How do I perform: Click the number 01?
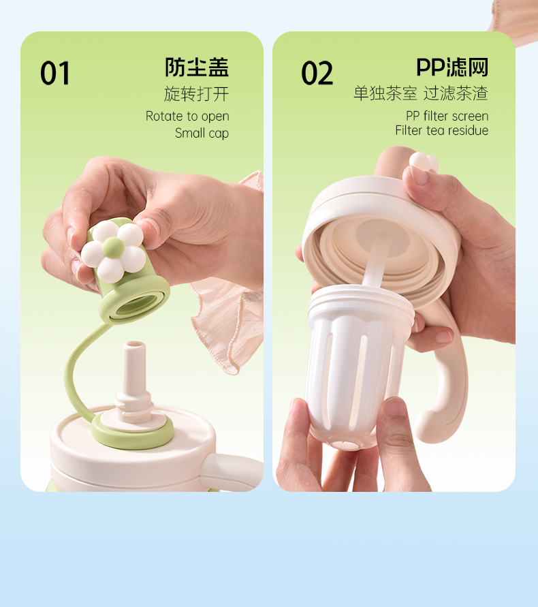(x=55, y=73)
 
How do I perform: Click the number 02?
(x=317, y=73)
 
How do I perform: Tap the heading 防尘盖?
(x=197, y=67)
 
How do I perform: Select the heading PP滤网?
(x=452, y=67)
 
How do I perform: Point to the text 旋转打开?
(x=196, y=94)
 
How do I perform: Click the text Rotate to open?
(x=187, y=116)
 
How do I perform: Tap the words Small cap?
(x=202, y=133)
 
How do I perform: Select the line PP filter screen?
(x=447, y=116)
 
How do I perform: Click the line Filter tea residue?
(x=441, y=130)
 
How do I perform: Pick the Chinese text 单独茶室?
(x=385, y=94)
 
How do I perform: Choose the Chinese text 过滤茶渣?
(x=456, y=94)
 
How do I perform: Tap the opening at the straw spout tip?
(x=134, y=345)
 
